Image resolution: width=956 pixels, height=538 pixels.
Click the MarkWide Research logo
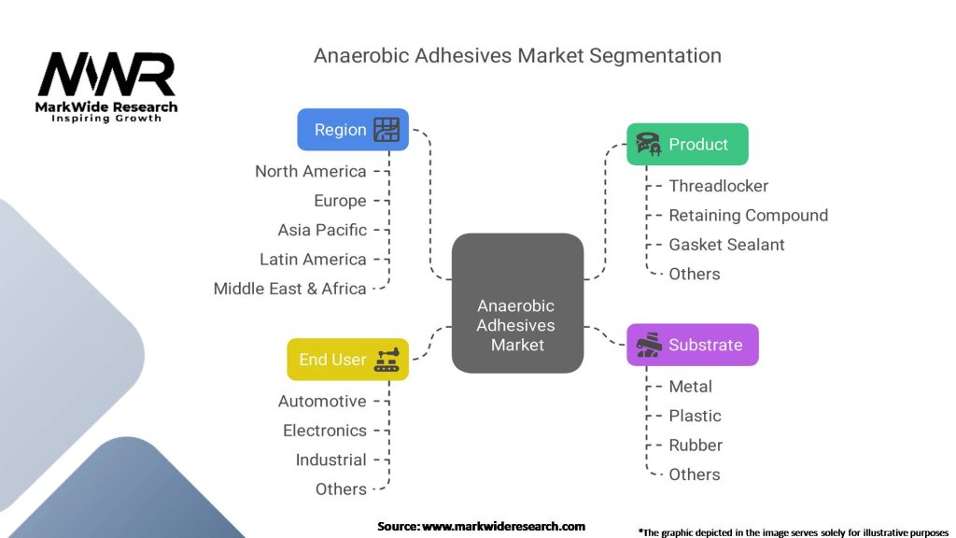pyautogui.click(x=106, y=86)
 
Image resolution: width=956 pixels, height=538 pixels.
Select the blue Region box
pyautogui.click(x=353, y=130)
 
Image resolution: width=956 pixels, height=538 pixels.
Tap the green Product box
pyautogui.click(x=687, y=145)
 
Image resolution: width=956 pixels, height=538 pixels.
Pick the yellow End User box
pyautogui.click(x=347, y=360)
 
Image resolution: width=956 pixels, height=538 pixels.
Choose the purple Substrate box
pyautogui.click(x=692, y=345)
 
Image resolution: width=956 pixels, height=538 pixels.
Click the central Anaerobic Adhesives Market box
pyautogui.click(x=517, y=304)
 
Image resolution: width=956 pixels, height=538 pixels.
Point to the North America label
pyautogui.click(x=311, y=171)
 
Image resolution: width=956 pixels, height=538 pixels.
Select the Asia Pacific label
pyautogui.click(x=322, y=230)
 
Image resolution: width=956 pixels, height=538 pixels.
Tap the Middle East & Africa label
pyautogui.click(x=290, y=289)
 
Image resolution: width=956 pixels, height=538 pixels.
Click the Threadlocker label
pyautogui.click(x=719, y=186)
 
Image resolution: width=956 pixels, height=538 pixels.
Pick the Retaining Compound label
pyautogui.click(x=748, y=215)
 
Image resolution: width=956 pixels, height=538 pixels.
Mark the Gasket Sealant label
pyautogui.click(x=726, y=245)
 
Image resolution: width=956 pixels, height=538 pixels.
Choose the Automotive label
pyautogui.click(x=322, y=402)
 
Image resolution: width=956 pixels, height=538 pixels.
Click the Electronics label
pyautogui.click(x=325, y=431)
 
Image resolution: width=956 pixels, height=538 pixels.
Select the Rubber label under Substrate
pyautogui.click(x=696, y=445)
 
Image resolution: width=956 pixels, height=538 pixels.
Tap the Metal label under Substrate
pyautogui.click(x=691, y=387)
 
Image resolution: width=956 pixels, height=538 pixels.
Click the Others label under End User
pyautogui.click(x=341, y=489)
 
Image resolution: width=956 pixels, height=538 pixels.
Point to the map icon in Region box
pyautogui.click(x=387, y=130)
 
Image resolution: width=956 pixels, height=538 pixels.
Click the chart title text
pyautogui.click(x=517, y=55)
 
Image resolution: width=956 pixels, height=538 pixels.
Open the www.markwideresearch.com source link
pyautogui.click(x=504, y=527)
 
